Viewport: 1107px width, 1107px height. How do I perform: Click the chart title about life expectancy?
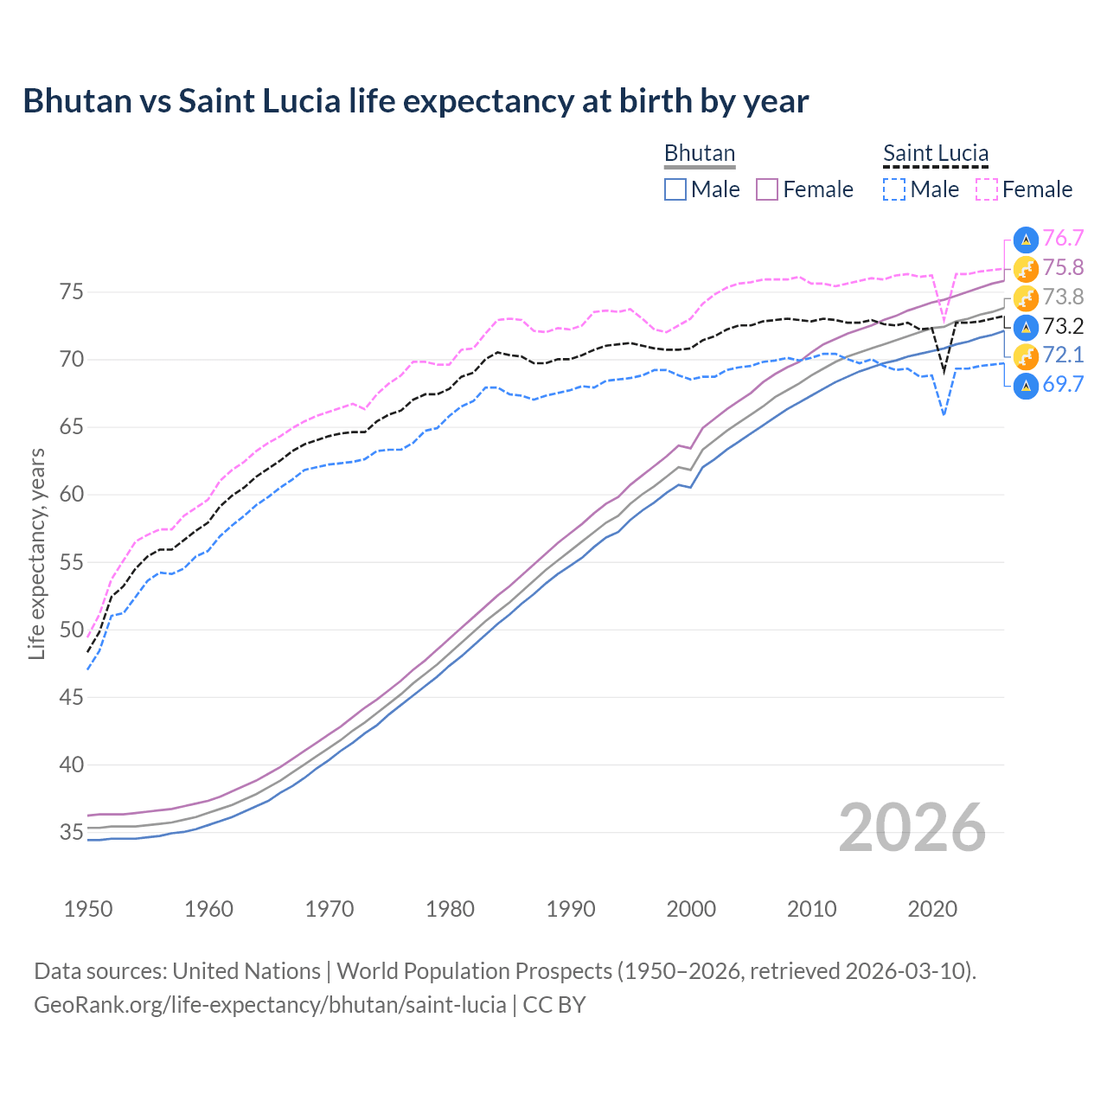click(x=415, y=101)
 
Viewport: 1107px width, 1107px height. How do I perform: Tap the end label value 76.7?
click(x=1063, y=239)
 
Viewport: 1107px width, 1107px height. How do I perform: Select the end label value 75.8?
click(x=1063, y=268)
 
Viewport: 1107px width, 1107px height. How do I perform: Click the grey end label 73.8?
click(x=1063, y=298)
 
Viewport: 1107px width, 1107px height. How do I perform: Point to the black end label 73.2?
click(x=1063, y=326)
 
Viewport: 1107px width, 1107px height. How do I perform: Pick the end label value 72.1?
click(x=1063, y=355)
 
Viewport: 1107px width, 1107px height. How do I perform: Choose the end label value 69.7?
click(x=1063, y=385)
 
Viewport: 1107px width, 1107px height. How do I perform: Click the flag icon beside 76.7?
click(x=1026, y=240)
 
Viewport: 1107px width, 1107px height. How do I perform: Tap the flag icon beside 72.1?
click(x=1026, y=355)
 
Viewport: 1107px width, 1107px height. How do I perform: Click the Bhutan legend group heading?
click(x=699, y=153)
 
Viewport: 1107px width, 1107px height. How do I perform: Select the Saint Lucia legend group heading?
click(x=935, y=153)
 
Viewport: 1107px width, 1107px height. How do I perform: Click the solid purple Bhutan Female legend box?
click(x=767, y=189)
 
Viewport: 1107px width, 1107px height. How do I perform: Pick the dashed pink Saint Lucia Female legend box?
click(x=987, y=189)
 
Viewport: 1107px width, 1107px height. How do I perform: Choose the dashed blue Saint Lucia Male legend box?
click(x=894, y=189)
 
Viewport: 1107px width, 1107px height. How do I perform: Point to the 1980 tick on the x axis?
click(x=450, y=909)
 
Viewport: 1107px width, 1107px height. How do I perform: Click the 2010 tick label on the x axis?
click(x=811, y=909)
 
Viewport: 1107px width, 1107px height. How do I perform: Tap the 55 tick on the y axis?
click(x=72, y=562)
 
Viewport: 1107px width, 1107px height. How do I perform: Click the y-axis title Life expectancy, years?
click(x=36, y=553)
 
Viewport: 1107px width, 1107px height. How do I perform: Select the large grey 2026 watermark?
click(x=912, y=828)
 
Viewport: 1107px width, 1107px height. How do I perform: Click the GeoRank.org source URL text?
click(x=270, y=1005)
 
